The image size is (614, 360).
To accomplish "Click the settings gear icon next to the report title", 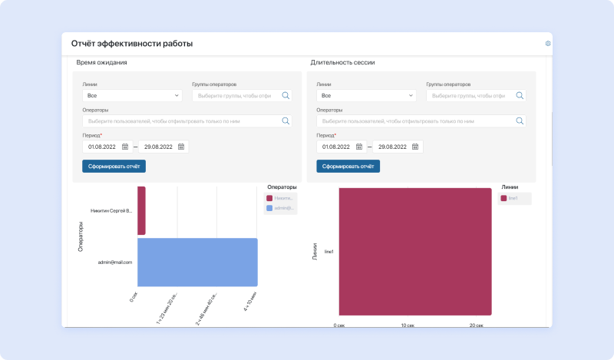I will [548, 44].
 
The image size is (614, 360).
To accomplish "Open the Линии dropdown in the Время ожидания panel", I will [132, 96].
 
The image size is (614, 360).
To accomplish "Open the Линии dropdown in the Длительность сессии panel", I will [365, 96].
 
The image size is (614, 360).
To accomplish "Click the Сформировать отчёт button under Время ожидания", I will [114, 166].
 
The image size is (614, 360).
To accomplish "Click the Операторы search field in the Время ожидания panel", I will [184, 121].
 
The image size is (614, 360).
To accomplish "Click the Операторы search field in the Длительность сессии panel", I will [418, 121].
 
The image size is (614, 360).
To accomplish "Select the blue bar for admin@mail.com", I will [197, 262].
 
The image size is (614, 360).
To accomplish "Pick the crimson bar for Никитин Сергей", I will [142, 210].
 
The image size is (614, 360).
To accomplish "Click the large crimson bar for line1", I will [415, 251].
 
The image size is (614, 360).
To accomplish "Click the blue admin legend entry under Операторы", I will [280, 208].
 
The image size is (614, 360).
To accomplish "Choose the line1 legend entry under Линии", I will [513, 198].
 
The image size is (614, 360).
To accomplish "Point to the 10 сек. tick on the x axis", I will [407, 325].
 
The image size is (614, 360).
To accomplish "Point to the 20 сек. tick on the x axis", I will [476, 325].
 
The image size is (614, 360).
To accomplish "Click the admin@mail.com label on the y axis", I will [116, 263].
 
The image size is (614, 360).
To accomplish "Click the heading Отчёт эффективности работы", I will [132, 44].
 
